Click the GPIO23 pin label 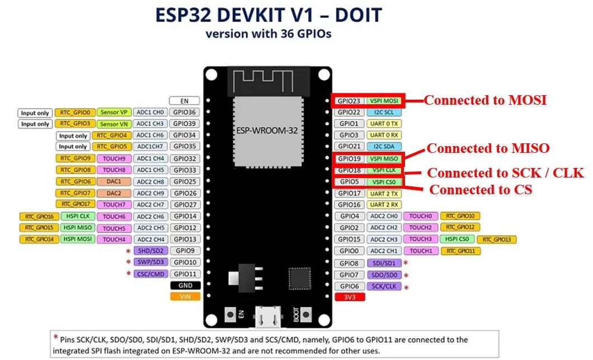point(349,101)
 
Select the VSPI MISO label point(384,158)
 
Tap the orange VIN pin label point(185,297)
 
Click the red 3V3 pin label point(349,297)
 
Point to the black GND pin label point(185,286)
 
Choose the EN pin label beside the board point(185,101)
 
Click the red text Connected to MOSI point(484,100)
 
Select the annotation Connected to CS point(480,190)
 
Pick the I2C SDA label point(384,147)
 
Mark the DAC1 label point(114,181)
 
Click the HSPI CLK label point(77,216)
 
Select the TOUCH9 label point(114,158)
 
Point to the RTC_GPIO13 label point(496,239)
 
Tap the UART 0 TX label point(384,124)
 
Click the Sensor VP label point(114,112)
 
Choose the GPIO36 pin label point(185,112)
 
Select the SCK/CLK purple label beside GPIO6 point(384,286)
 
